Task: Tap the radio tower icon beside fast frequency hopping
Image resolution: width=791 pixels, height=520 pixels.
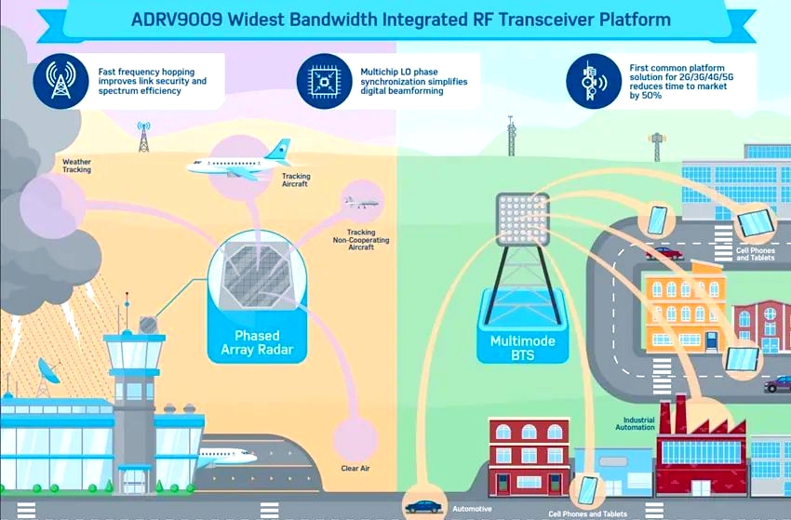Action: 60,81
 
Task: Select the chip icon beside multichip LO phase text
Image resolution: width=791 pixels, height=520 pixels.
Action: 324,81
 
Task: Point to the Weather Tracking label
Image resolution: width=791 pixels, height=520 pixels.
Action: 76,166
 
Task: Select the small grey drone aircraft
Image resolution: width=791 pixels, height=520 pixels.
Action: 362,201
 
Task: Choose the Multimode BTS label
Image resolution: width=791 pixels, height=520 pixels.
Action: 522,348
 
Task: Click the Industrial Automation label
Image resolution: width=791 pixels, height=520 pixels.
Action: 635,424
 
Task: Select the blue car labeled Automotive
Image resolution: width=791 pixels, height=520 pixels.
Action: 424,507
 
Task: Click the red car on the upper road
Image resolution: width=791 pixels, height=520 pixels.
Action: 664,253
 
